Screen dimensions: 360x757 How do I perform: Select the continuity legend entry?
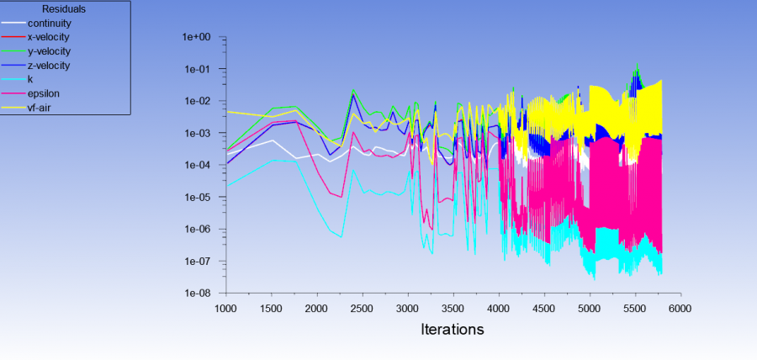[x=49, y=24]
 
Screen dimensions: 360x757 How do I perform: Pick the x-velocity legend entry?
[x=48, y=37]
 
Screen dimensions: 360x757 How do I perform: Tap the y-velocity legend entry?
[x=48, y=51]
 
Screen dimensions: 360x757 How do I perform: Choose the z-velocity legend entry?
[x=48, y=65]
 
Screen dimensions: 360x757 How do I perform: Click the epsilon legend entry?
[x=43, y=93]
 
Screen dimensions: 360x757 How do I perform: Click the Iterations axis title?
[x=452, y=330]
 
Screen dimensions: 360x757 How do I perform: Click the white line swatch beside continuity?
[x=13, y=24]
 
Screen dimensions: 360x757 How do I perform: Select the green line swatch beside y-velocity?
[x=13, y=51]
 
